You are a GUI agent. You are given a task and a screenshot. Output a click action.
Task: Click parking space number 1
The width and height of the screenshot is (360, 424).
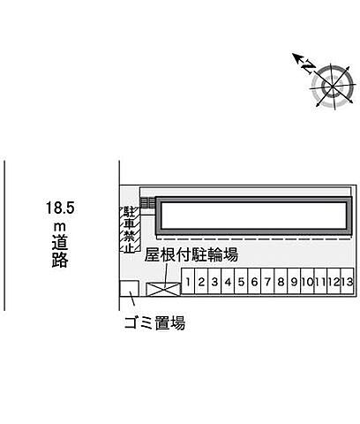[x=188, y=281]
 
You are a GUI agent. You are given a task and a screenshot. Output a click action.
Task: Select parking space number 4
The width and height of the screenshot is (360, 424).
[x=228, y=281]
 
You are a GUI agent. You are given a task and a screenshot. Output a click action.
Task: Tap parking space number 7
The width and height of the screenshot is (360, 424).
[x=267, y=281]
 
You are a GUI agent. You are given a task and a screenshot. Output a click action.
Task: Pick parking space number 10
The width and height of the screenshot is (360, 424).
[x=307, y=281]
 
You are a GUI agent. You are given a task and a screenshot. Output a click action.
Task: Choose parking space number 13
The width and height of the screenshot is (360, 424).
[x=348, y=281]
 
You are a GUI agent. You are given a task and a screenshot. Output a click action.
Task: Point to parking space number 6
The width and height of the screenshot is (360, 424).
[x=254, y=281]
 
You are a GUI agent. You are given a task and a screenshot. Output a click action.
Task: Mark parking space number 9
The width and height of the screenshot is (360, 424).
[x=294, y=281]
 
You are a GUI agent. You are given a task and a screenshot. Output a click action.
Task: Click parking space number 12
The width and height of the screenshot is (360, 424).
[x=334, y=281]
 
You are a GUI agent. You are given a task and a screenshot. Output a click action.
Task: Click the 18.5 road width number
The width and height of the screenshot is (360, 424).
[x=60, y=208]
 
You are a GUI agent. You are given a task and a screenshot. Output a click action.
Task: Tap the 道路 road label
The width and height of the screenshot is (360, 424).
[x=60, y=251]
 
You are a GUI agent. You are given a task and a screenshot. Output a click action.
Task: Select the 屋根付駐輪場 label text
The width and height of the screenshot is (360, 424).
[x=191, y=254]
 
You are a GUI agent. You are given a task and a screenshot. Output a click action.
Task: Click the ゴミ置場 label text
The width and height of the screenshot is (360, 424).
[x=154, y=322]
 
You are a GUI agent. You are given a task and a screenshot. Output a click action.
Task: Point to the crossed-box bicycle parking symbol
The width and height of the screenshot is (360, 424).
[x=163, y=289]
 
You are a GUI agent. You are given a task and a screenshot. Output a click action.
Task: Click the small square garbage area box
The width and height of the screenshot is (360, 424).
[x=129, y=289]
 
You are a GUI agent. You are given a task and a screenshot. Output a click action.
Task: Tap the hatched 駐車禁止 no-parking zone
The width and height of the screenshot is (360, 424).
[x=130, y=230]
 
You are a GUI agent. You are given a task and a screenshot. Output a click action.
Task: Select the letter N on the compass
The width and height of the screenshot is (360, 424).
[x=308, y=66]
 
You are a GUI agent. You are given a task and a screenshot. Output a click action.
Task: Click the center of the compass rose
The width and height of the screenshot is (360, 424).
[x=333, y=87]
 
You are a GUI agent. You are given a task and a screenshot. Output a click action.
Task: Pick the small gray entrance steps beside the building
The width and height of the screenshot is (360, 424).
[x=147, y=202]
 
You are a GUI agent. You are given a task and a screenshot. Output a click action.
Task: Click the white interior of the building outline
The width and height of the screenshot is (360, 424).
[x=253, y=215]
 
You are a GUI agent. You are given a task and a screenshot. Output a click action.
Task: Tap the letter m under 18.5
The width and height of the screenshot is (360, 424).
[x=60, y=227]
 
